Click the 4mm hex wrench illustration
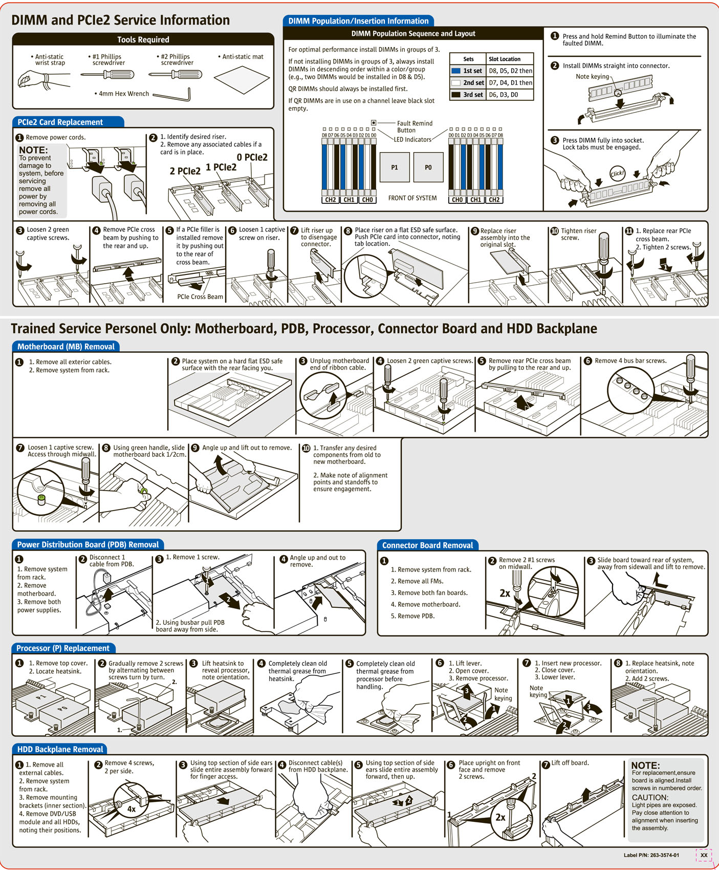coord(172,95)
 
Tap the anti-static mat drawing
coord(242,80)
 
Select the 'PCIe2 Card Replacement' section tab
coord(60,122)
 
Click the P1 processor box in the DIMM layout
coord(395,167)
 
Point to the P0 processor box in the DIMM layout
coord(428,167)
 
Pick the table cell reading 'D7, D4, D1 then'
coord(510,82)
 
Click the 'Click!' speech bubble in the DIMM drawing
coord(617,173)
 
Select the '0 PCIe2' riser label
coord(252,157)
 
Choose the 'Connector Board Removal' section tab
coord(427,545)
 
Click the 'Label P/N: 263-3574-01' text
coord(651,855)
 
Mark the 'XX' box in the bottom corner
coord(704,855)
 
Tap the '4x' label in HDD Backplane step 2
coord(131,809)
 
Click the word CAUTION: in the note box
coord(650,797)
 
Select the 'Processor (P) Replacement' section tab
coord(63,648)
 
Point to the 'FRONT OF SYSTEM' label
coord(412,198)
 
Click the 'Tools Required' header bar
coord(143,39)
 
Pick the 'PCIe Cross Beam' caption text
coord(200,297)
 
